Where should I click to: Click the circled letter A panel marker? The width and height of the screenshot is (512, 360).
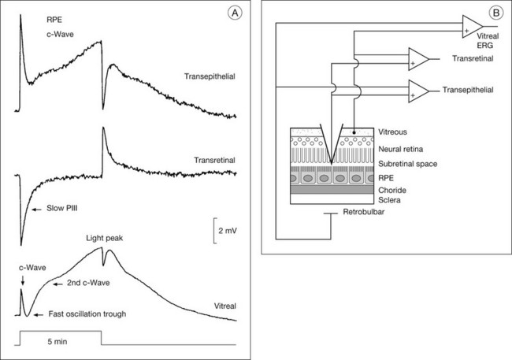[x=234, y=13]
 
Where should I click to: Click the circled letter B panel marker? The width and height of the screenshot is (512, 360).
[x=495, y=13]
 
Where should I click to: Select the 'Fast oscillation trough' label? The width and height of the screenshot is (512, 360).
[x=86, y=314]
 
